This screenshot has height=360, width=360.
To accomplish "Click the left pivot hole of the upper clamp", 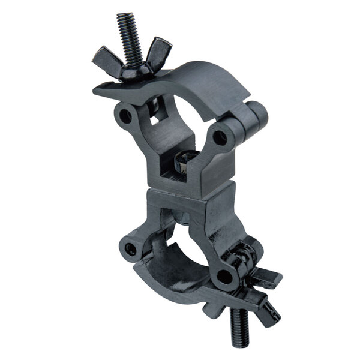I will tap(125, 115).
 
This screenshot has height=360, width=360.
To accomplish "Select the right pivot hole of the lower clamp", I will tap(223, 277).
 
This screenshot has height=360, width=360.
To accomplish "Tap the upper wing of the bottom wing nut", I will tap(268, 277).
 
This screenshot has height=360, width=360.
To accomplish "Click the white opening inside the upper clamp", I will tap(183, 120).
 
